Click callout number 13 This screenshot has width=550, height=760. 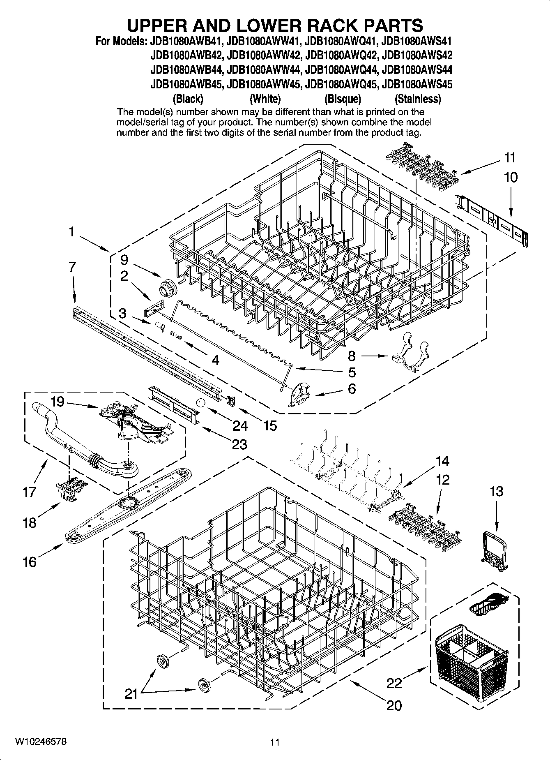(496, 491)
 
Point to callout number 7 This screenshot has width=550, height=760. (72, 267)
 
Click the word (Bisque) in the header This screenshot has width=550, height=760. (342, 99)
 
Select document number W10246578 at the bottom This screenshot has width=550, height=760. (41, 742)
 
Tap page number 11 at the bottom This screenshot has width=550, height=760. (275, 742)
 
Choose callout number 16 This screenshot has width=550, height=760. (30, 561)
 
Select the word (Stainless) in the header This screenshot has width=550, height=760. (417, 99)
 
